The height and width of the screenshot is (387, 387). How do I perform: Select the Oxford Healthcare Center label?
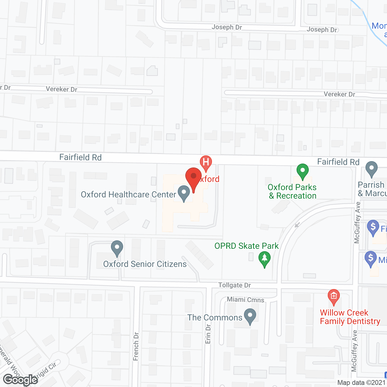point(128,194)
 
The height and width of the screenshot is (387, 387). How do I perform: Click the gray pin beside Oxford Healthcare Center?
point(184,193)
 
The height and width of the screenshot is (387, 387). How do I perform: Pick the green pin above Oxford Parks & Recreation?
point(302,171)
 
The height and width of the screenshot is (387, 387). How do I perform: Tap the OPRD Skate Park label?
point(246,246)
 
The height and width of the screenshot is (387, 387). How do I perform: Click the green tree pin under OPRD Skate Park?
point(265,259)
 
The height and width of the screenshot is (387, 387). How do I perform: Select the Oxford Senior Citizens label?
point(145,264)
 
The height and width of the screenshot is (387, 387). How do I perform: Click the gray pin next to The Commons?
point(250,316)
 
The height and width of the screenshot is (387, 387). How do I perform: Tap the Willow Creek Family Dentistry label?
point(350,317)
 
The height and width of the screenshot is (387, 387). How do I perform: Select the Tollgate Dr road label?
point(235,285)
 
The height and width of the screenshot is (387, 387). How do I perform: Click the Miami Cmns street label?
point(246,300)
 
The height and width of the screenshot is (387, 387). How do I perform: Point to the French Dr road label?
point(136,346)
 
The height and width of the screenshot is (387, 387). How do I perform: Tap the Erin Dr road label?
point(208,334)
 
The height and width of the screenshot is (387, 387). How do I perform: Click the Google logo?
point(21,380)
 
